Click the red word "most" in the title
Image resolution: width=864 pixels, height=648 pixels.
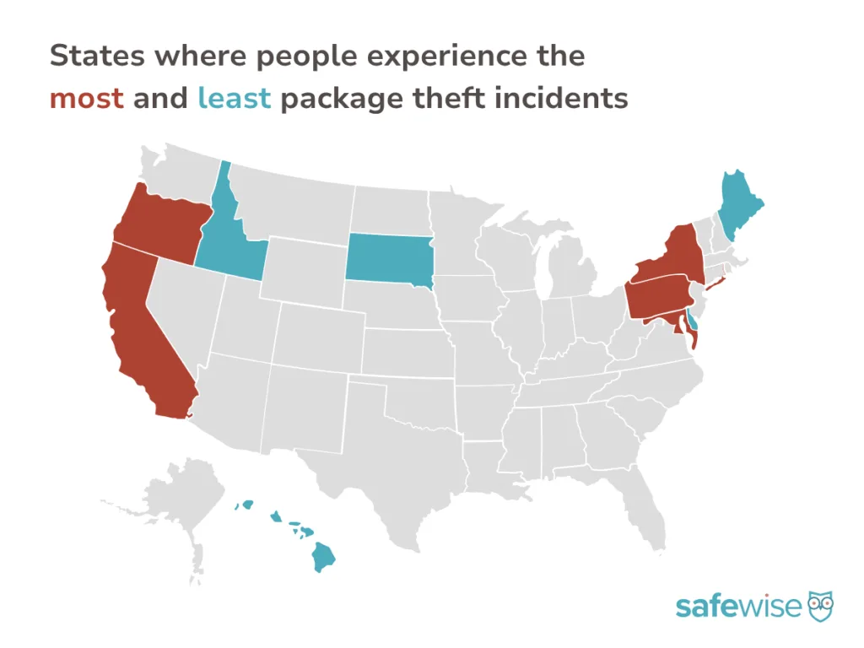pyautogui.click(x=86, y=99)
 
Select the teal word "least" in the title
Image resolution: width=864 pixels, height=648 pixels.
pyautogui.click(x=234, y=99)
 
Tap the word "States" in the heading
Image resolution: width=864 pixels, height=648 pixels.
pyautogui.click(x=95, y=57)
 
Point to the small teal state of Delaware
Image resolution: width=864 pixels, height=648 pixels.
pyautogui.click(x=693, y=321)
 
